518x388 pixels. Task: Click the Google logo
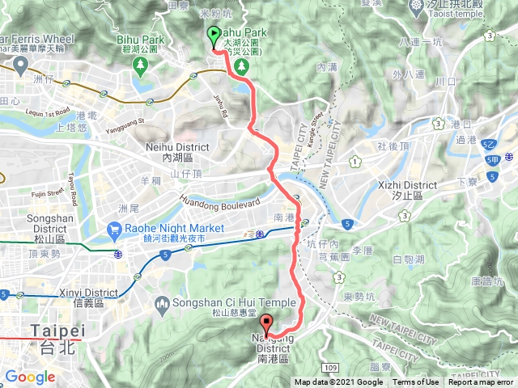[x=30, y=377]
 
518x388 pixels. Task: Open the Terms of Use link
[x=416, y=382]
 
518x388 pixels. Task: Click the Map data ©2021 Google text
[x=338, y=382]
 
